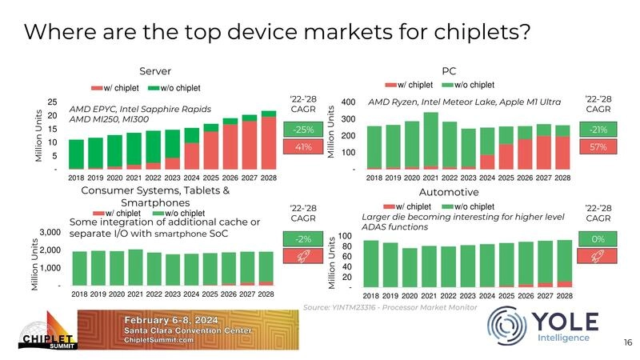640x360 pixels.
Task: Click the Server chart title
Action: pos(155,70)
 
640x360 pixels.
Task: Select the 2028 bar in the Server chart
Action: pos(269,140)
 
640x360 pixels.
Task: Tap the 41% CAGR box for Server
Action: pos(302,147)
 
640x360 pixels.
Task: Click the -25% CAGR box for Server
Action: pos(302,130)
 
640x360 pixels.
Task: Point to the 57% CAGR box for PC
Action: pos(598,147)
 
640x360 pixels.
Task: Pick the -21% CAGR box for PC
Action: pos(598,130)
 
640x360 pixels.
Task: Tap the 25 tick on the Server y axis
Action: pos(51,102)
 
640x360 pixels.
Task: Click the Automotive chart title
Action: pos(449,192)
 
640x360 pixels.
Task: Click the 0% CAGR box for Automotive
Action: pos(598,238)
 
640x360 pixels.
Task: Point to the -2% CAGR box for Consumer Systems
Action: pos(302,238)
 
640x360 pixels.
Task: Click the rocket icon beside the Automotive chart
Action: pos(598,256)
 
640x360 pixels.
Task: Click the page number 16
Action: pos(627,342)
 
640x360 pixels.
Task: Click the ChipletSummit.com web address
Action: pos(157,339)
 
